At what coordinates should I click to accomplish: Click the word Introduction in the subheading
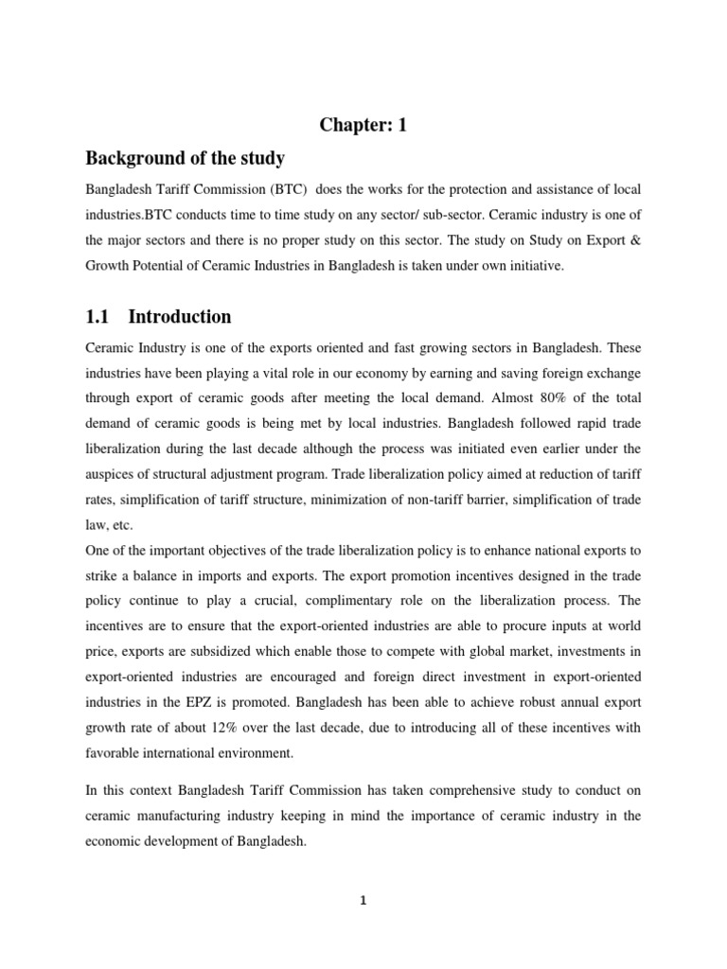(x=180, y=316)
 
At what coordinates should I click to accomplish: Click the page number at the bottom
(x=363, y=900)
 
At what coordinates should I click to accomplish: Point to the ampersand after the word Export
(x=635, y=241)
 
